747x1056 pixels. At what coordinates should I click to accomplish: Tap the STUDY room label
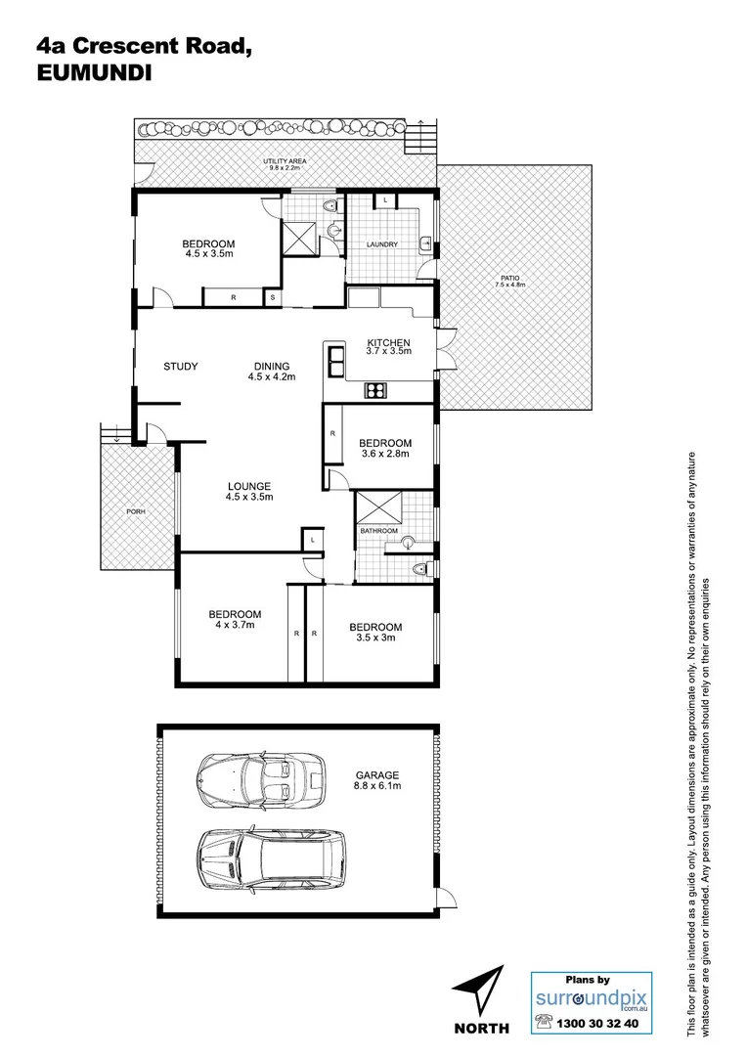[180, 367]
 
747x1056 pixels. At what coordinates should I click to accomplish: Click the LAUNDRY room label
[381, 244]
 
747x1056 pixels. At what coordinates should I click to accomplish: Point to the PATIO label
[509, 278]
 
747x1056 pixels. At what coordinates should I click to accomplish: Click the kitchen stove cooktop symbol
[376, 391]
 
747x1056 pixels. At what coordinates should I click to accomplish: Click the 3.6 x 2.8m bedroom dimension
[384, 454]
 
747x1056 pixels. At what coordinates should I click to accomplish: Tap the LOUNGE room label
[249, 486]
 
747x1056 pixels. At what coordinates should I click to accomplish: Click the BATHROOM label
[379, 531]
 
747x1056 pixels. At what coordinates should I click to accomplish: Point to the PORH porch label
[135, 511]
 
